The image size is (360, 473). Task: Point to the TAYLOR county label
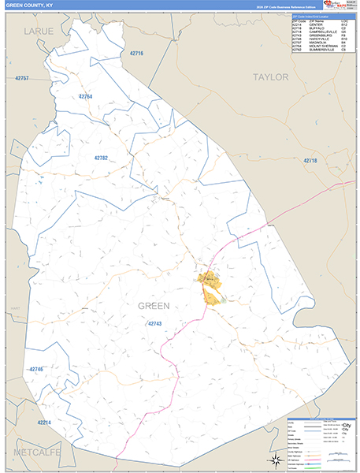(x=272, y=76)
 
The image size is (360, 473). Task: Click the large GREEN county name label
(x=154, y=305)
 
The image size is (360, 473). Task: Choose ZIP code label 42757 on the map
(x=22, y=79)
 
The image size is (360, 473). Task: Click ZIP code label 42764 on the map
(x=86, y=96)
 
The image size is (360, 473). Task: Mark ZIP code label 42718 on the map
(x=310, y=160)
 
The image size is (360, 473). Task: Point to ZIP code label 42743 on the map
(x=154, y=324)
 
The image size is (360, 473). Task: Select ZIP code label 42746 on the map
(x=36, y=369)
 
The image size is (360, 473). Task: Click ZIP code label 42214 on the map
(x=43, y=423)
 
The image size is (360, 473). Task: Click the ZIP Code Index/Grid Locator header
(x=310, y=15)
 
